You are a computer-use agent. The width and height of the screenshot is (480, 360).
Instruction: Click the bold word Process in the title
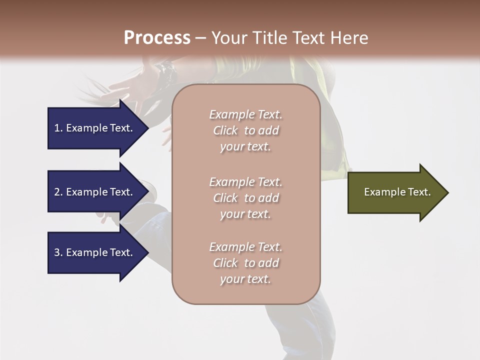coord(157,38)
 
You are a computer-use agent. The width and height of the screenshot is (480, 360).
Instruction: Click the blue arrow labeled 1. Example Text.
coord(95,128)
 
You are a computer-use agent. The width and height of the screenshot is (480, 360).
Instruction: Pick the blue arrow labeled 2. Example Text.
coord(95,192)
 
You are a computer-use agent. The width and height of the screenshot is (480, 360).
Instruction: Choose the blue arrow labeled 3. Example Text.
coord(95,252)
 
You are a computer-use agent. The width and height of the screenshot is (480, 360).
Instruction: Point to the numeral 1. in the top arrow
coord(58,128)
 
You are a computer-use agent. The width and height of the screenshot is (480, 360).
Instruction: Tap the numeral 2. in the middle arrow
coord(58,192)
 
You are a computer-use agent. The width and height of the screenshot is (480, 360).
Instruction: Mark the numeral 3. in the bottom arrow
coord(58,252)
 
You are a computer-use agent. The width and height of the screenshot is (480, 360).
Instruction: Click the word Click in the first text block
coord(225,130)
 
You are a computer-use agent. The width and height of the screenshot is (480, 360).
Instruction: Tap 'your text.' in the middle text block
coord(245,214)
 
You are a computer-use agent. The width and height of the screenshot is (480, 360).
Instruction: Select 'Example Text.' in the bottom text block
coord(245,247)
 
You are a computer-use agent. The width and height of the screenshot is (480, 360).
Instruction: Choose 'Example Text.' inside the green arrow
coord(397,192)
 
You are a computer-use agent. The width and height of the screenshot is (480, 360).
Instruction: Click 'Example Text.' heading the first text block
coord(245,114)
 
